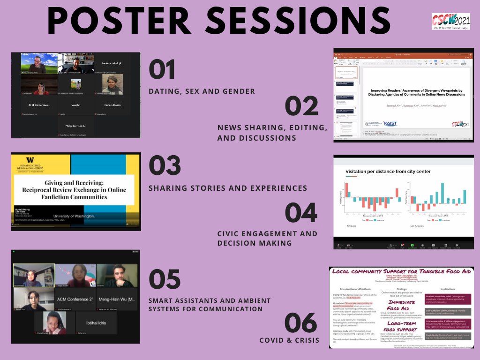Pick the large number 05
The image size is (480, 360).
pyautogui.click(x=165, y=280)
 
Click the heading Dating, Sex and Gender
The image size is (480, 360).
pyautogui.click(x=202, y=91)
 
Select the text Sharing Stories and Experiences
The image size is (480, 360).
pyautogui.click(x=228, y=188)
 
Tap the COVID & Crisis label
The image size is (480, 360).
pyautogui.click(x=290, y=340)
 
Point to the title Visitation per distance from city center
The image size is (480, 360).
pyautogui.click(x=388, y=172)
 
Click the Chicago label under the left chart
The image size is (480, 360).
pyautogui.click(x=352, y=226)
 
